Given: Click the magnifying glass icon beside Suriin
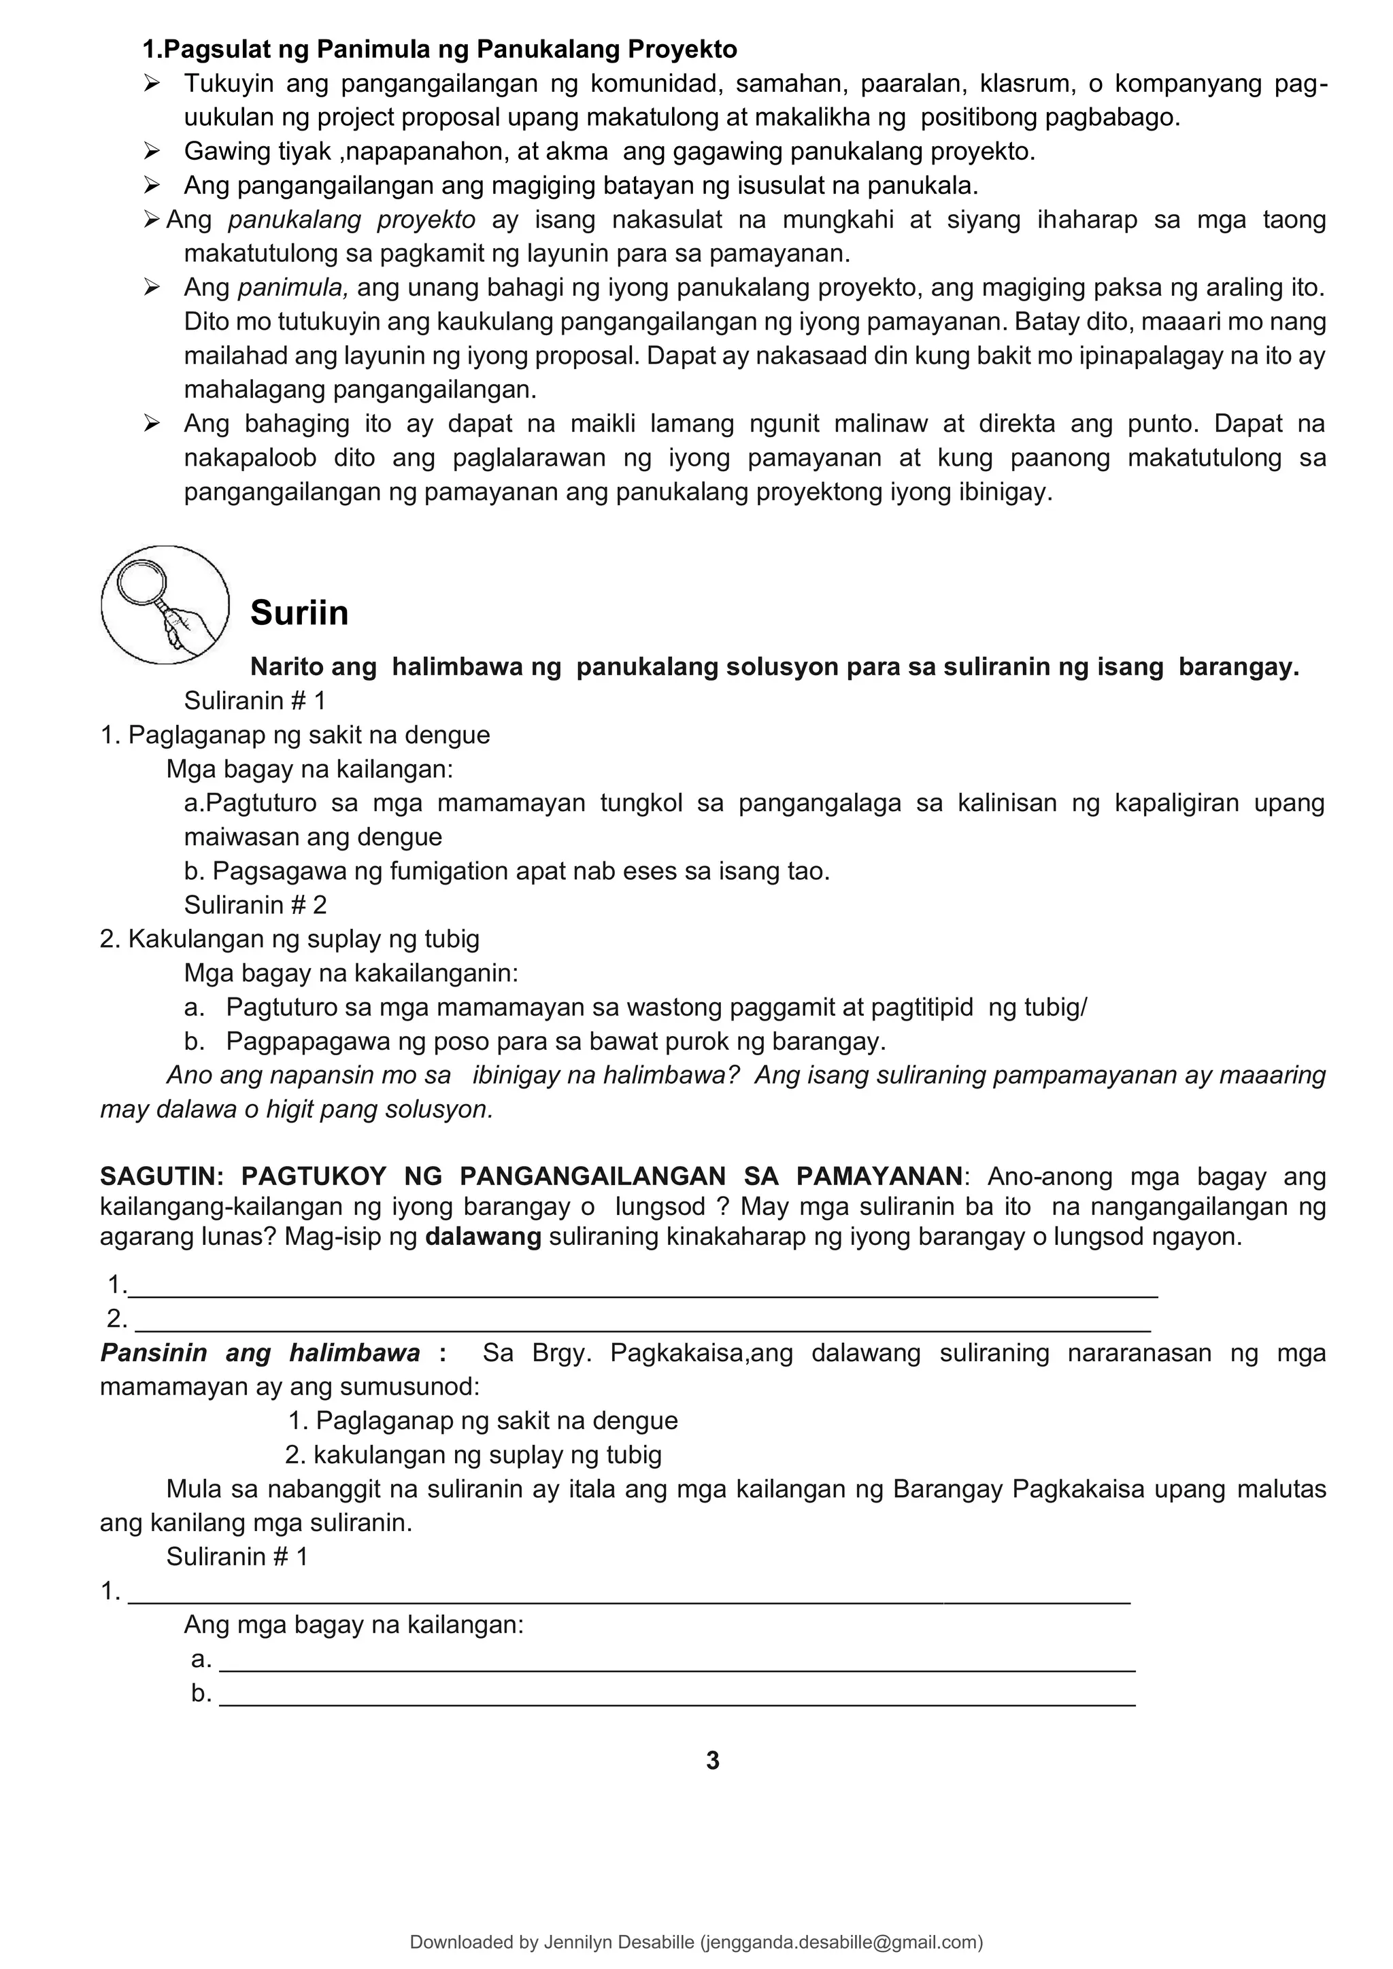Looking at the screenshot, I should (x=165, y=604).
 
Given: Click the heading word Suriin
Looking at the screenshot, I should (x=299, y=613).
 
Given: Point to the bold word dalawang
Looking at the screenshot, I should (x=483, y=1237).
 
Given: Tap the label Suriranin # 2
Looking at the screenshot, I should (x=255, y=905).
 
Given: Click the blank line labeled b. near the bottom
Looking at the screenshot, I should (x=677, y=1694).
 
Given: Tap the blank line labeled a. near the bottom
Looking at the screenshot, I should (x=677, y=1660).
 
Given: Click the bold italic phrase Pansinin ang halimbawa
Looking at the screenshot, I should (x=260, y=1352).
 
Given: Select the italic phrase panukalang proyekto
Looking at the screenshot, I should (x=352, y=220).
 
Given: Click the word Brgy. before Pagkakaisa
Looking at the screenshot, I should (x=561, y=1352).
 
